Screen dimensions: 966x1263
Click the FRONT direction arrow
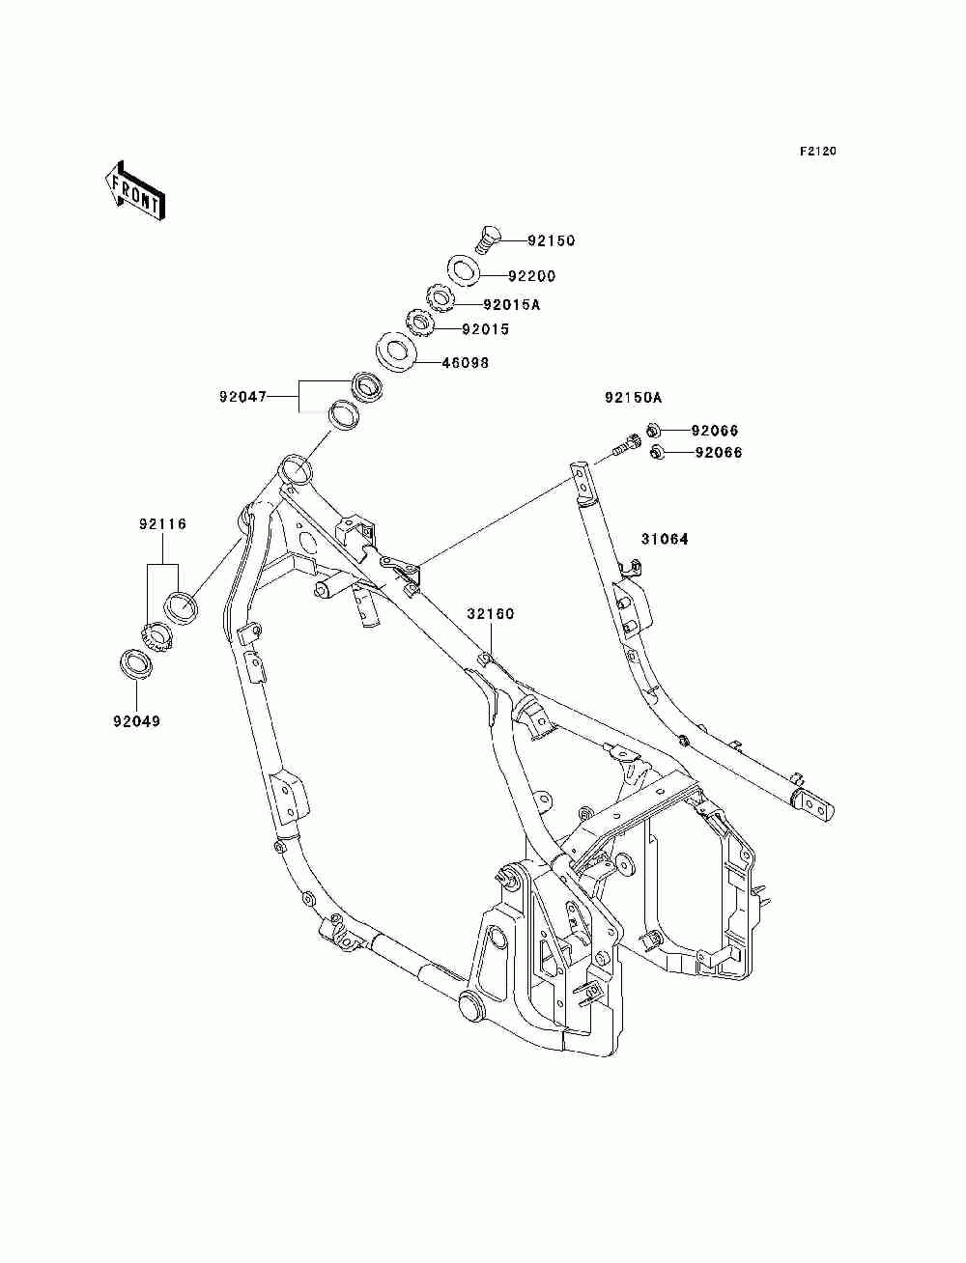pos(134,191)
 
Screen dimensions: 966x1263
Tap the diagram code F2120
pos(817,152)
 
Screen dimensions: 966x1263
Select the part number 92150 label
pos(551,240)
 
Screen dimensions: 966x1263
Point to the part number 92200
pos(531,276)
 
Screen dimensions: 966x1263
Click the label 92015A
pos(511,304)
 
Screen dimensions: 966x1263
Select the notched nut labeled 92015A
pos(440,299)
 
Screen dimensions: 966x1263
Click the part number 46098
pos(466,363)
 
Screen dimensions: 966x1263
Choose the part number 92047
pos(242,397)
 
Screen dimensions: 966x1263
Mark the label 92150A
pos(633,398)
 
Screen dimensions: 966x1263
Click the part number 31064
pos(665,539)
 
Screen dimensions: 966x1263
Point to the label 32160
pos(491,614)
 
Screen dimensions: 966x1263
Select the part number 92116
pos(162,523)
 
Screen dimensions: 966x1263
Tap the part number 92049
pos(136,721)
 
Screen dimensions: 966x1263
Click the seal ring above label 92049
pos(136,664)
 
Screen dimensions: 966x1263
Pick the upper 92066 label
pos(715,431)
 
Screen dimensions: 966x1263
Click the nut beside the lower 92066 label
pos(656,453)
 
